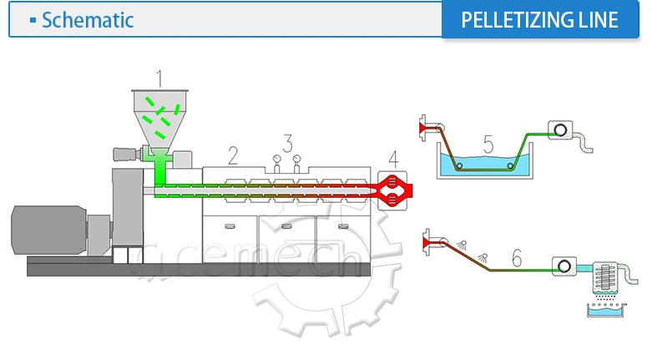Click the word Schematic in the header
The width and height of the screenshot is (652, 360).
point(88,20)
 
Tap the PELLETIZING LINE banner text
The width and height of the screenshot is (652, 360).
point(540,19)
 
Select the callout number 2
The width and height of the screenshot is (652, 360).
point(233,155)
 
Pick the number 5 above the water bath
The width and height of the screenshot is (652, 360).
point(488,144)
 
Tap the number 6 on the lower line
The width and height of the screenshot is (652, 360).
point(517,259)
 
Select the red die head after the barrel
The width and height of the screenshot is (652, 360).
point(394,189)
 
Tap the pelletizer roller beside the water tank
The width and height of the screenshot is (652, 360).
point(558,129)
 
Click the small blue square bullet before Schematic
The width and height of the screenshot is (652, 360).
point(33,19)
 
